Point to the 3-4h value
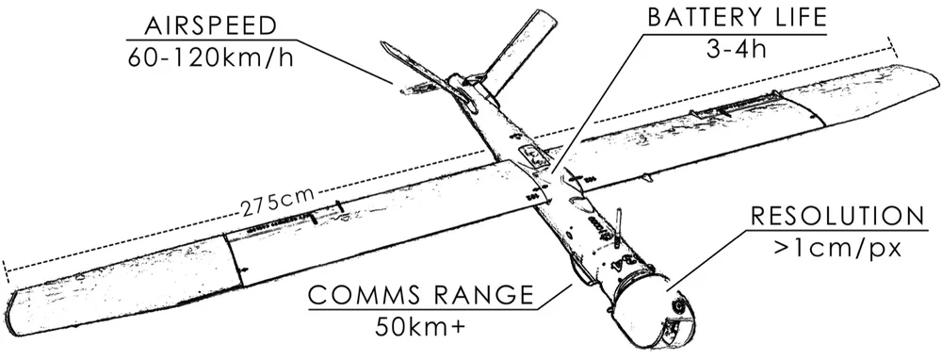pos(734,48)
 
